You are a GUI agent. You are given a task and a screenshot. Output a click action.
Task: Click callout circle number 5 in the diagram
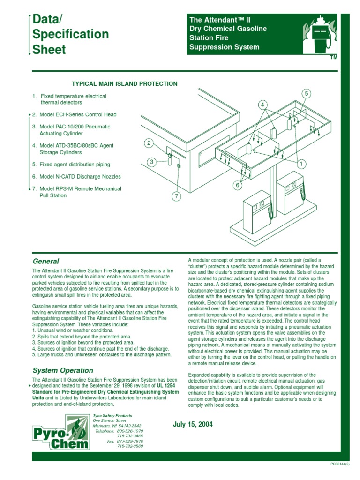(x=306, y=94)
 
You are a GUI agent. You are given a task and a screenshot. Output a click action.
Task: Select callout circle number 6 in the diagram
(x=238, y=186)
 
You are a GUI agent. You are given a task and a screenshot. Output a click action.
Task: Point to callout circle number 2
(x=149, y=143)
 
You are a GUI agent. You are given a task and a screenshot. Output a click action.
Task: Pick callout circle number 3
(x=151, y=162)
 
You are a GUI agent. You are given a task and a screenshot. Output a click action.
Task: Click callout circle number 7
(x=176, y=196)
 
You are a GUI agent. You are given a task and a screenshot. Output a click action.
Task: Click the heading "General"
(x=45, y=261)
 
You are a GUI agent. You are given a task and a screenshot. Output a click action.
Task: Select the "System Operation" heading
(x=62, y=370)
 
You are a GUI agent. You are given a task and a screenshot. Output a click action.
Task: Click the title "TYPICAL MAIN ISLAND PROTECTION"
(x=124, y=84)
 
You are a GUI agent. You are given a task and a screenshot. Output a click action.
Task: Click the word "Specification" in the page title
(x=71, y=34)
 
